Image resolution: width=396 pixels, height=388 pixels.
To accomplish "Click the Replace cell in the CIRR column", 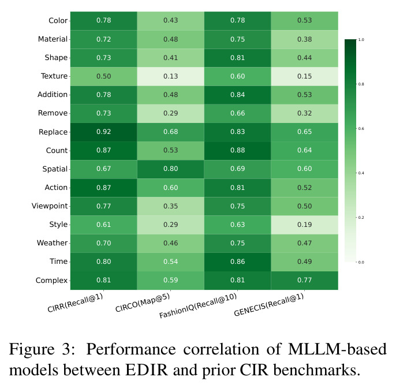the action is tap(103, 132).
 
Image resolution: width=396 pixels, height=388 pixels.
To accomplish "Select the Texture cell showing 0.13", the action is tap(170, 76).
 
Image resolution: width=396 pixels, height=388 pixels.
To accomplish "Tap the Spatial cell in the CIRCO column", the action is tap(170, 169).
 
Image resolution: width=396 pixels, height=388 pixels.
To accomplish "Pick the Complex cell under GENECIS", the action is tap(304, 281).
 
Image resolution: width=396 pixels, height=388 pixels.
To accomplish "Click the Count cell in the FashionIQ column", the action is tap(237, 151).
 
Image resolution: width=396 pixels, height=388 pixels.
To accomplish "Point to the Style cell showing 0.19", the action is tap(304, 225).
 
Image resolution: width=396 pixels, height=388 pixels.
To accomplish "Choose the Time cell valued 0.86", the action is tap(237, 262).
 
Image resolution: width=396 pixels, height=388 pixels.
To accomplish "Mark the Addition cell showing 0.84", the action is tap(237, 95).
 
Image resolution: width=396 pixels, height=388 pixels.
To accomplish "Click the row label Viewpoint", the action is tap(50, 206).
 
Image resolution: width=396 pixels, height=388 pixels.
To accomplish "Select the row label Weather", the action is tap(53, 243).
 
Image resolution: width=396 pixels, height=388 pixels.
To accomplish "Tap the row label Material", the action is tap(53, 39).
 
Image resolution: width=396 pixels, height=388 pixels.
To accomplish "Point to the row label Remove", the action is tap(53, 113).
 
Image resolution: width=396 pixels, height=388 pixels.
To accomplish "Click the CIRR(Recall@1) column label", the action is tap(75, 303).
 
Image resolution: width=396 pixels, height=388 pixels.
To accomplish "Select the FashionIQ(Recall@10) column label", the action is tap(198, 305).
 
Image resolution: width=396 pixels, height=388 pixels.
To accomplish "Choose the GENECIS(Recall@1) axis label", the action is tap(269, 305).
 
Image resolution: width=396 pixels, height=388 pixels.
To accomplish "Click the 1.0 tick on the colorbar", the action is tap(361, 40).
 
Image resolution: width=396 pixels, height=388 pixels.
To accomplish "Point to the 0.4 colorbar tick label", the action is tap(361, 173).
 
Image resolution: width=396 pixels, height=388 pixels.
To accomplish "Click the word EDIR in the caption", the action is tap(147, 370).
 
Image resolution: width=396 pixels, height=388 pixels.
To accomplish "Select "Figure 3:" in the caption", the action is tap(42, 350).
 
